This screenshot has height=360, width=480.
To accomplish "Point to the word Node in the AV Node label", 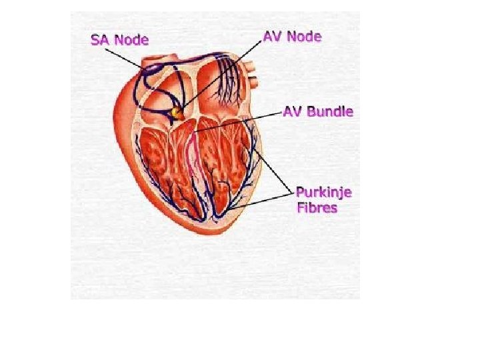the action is click(305, 36).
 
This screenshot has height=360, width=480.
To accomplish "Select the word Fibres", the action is click(317, 207).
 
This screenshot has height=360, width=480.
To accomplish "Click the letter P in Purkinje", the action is click(300, 193).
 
